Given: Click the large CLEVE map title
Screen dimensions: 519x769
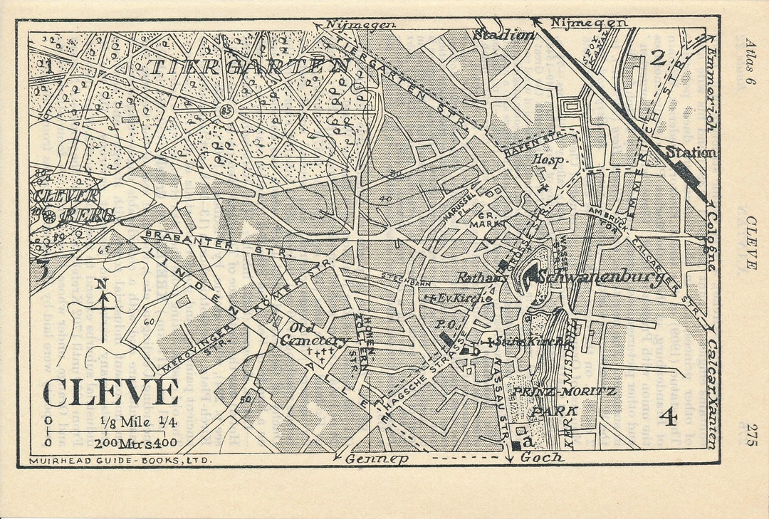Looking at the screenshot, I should click(x=110, y=392).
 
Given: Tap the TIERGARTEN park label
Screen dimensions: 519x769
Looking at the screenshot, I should click(x=249, y=67).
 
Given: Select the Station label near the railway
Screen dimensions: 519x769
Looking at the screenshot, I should click(x=691, y=152).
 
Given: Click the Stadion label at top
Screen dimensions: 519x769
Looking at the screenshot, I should click(x=503, y=35).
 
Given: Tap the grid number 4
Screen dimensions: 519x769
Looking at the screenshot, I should click(x=668, y=417).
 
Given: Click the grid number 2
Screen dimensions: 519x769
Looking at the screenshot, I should click(x=657, y=58).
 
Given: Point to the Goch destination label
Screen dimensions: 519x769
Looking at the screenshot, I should click(x=543, y=458).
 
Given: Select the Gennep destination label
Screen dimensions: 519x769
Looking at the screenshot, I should click(x=377, y=459).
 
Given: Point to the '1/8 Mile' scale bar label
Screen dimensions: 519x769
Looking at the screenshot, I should click(x=125, y=421).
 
